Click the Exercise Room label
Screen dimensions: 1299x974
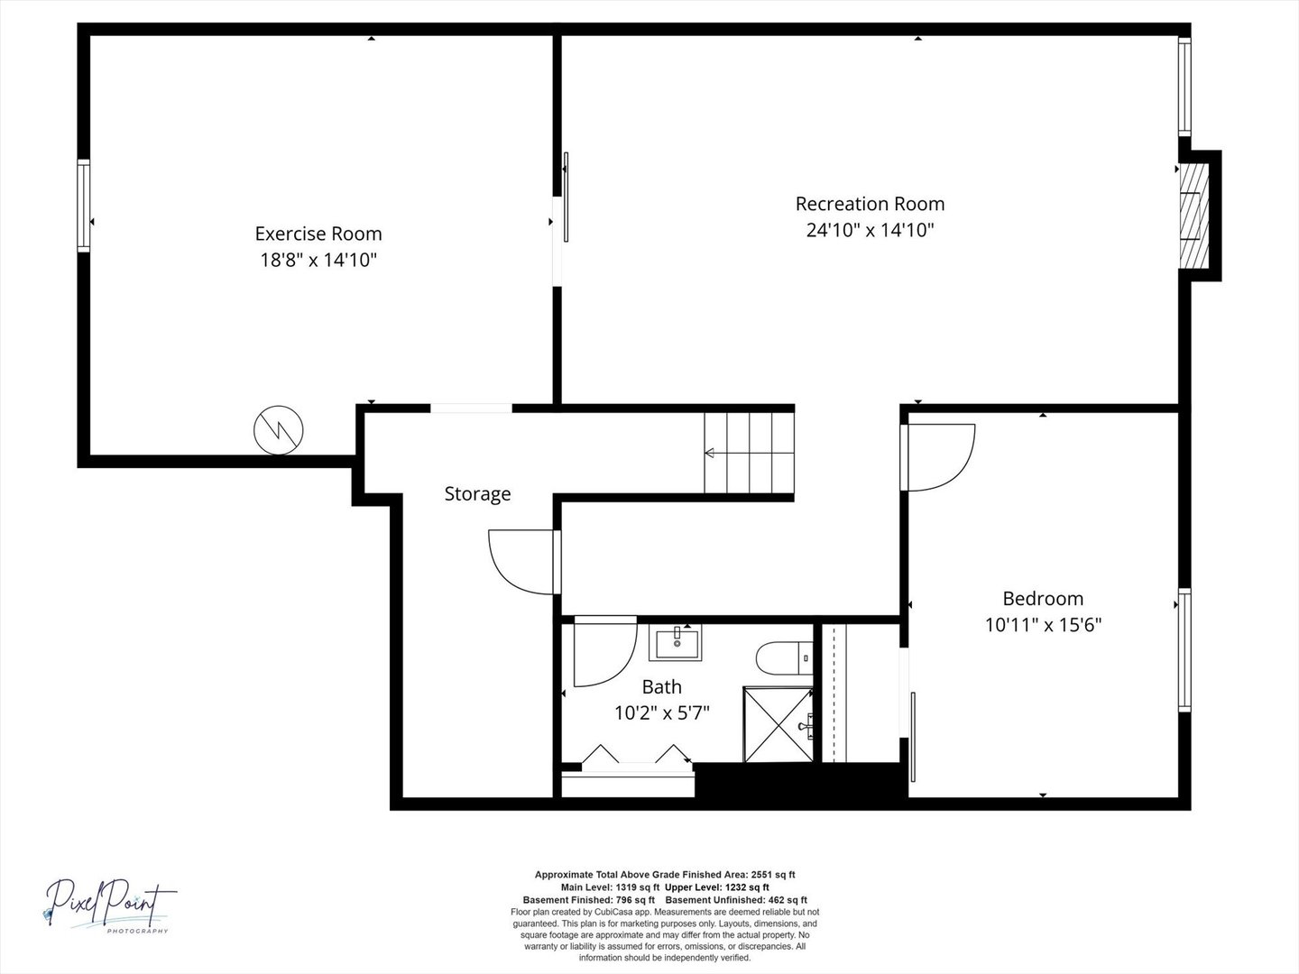(x=318, y=234)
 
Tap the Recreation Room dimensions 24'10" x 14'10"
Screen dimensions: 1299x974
(x=870, y=229)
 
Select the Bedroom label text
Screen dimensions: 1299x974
(x=1043, y=599)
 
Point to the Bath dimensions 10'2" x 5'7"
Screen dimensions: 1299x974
(x=661, y=712)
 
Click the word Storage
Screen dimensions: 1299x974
(x=477, y=494)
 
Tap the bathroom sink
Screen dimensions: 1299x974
(x=676, y=642)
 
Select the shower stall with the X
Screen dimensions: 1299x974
(x=778, y=724)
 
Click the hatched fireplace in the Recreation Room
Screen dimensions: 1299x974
(x=1193, y=216)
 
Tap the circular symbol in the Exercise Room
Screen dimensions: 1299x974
(x=278, y=430)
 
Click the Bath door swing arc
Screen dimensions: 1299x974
(x=622, y=668)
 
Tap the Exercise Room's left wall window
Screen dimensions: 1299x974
(x=84, y=206)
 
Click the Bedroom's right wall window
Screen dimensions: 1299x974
(x=1184, y=650)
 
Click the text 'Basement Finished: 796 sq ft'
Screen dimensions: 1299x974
(x=589, y=900)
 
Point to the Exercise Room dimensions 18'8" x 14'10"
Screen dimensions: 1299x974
(x=318, y=260)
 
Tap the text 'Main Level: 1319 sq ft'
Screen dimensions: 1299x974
(x=610, y=887)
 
